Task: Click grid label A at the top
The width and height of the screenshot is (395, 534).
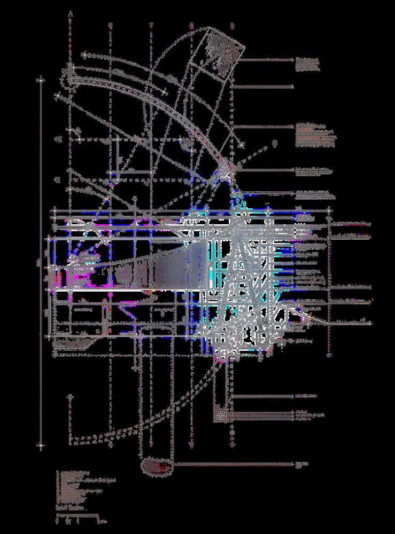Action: [x=71, y=14]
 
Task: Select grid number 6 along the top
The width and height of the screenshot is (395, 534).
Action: [x=111, y=25]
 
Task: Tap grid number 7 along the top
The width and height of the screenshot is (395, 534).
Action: [x=151, y=25]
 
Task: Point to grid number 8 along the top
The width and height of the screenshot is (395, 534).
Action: [x=191, y=25]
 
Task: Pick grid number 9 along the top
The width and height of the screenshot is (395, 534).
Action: [x=232, y=25]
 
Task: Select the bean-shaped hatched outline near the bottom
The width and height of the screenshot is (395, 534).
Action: [x=158, y=466]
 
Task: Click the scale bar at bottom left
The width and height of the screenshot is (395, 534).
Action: [x=78, y=516]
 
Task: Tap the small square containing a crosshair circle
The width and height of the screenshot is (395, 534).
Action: [x=220, y=415]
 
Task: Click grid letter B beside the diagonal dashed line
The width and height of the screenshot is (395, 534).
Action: [x=275, y=143]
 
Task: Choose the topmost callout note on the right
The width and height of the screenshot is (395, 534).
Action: [x=309, y=64]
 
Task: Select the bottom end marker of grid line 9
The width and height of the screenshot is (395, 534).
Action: [x=232, y=443]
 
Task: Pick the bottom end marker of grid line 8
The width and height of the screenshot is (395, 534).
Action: [x=191, y=443]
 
